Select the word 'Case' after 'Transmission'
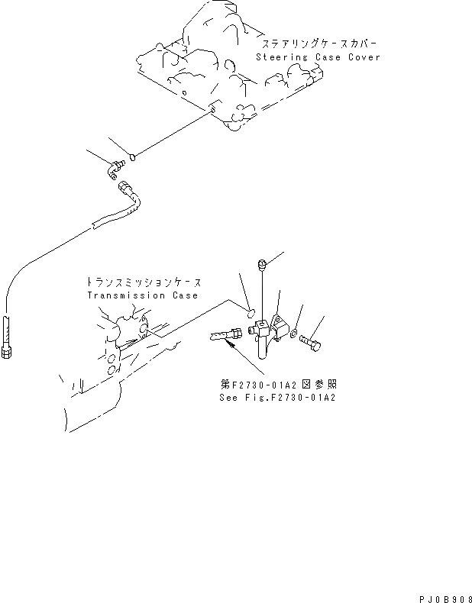(x=183, y=295)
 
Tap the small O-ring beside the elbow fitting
(x=132, y=158)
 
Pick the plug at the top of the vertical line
(x=262, y=265)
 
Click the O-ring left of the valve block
(x=250, y=311)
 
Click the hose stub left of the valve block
(x=222, y=334)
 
